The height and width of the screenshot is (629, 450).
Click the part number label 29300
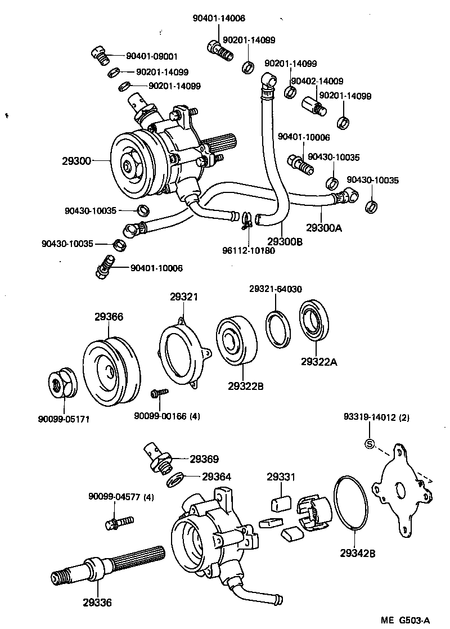pyautogui.click(x=76, y=161)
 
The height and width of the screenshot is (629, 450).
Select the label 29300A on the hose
pyautogui.click(x=324, y=227)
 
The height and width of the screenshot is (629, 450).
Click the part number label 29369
pyautogui.click(x=204, y=459)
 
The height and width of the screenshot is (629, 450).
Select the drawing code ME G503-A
pyautogui.click(x=405, y=621)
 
